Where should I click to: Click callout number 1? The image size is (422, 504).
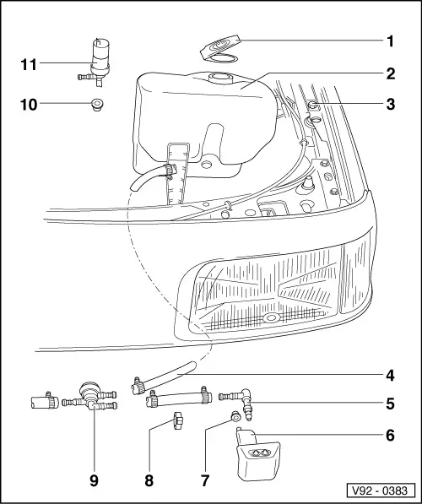391,40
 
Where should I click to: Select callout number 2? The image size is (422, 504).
391,73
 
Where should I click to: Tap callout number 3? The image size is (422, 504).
391,106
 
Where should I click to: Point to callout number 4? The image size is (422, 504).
391,375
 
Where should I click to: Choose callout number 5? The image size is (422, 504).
391,404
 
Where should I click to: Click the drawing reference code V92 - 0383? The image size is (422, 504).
379,488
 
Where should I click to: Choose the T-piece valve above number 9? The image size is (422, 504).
87,395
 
